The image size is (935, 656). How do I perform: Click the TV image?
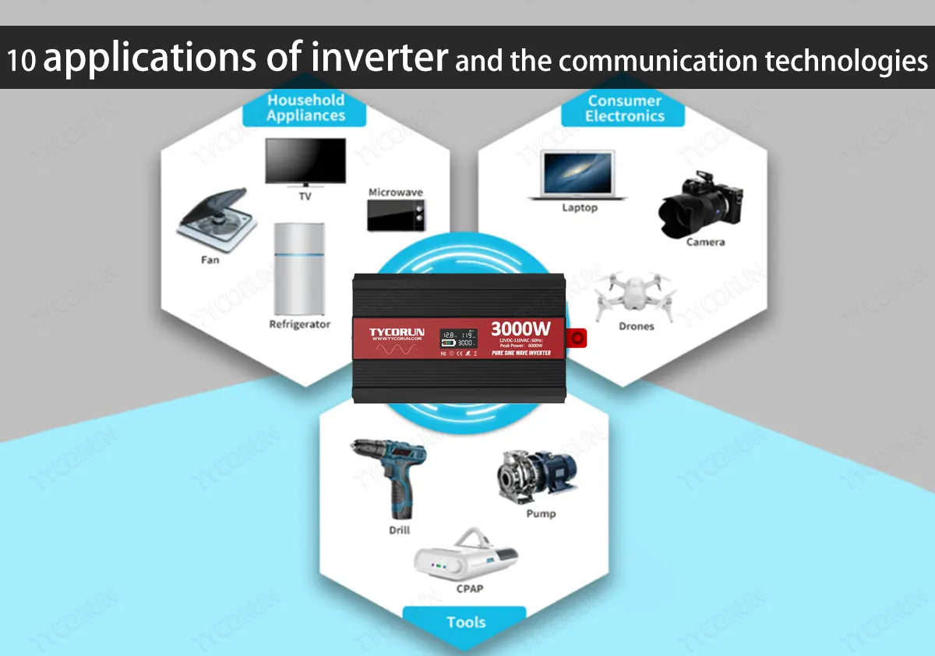coord(305,161)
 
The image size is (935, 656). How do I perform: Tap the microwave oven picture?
coord(396,215)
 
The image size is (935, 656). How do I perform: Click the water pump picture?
coord(538,475)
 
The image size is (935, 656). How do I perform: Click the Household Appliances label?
coord(305,108)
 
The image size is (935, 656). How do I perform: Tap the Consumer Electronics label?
coord(624,108)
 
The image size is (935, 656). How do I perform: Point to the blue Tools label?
coord(466,622)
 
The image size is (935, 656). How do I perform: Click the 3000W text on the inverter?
coord(520,328)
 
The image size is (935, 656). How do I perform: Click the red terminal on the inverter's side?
coord(577,337)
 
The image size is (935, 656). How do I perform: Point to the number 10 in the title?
coord(23,61)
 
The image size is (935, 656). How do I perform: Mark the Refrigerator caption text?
coord(300,324)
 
